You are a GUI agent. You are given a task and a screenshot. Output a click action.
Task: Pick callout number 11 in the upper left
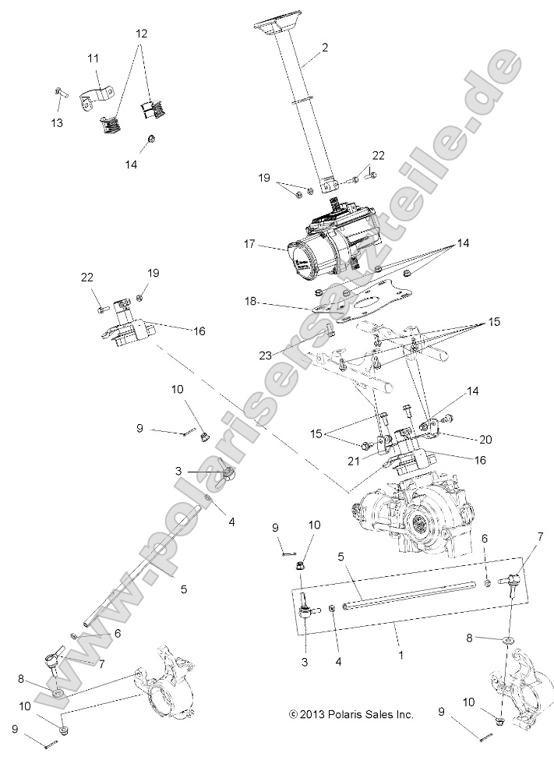(93, 58)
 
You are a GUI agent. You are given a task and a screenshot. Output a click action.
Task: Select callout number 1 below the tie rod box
(401, 656)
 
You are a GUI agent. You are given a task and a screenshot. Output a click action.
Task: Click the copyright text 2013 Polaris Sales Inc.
(351, 714)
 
